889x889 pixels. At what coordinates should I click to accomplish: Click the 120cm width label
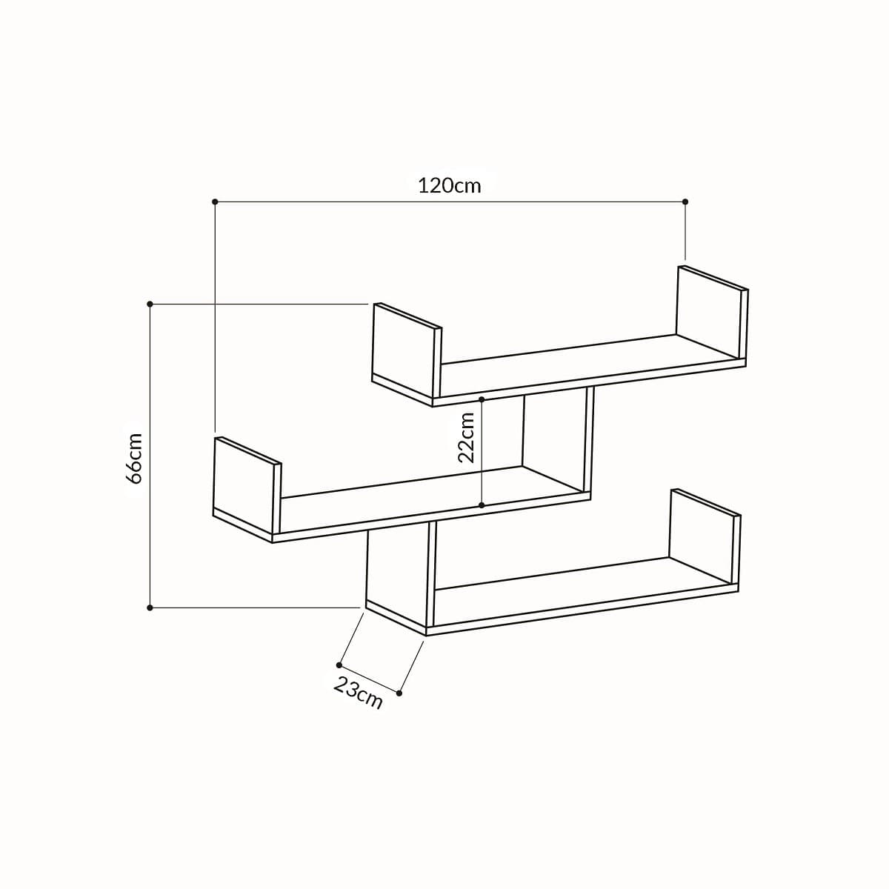(449, 185)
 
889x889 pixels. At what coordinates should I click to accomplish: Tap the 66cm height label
(134, 458)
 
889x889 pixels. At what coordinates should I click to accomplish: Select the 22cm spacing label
(466, 437)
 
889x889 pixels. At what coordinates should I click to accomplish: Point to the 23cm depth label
(359, 693)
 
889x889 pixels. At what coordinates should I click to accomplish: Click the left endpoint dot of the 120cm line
(215, 202)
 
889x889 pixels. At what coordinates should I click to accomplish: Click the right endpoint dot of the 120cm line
(685, 202)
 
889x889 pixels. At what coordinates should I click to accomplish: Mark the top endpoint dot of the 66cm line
(150, 304)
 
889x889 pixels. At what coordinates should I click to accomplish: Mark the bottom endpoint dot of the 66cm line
(150, 607)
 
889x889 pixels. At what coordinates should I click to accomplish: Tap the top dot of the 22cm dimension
(482, 399)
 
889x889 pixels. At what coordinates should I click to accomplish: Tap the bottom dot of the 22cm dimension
(482, 505)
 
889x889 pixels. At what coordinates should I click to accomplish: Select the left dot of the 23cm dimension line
(339, 665)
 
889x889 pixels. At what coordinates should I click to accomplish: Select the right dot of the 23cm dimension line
(399, 693)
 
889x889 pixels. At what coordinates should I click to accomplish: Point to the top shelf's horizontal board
(585, 363)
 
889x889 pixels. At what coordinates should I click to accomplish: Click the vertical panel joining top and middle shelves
(556, 437)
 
